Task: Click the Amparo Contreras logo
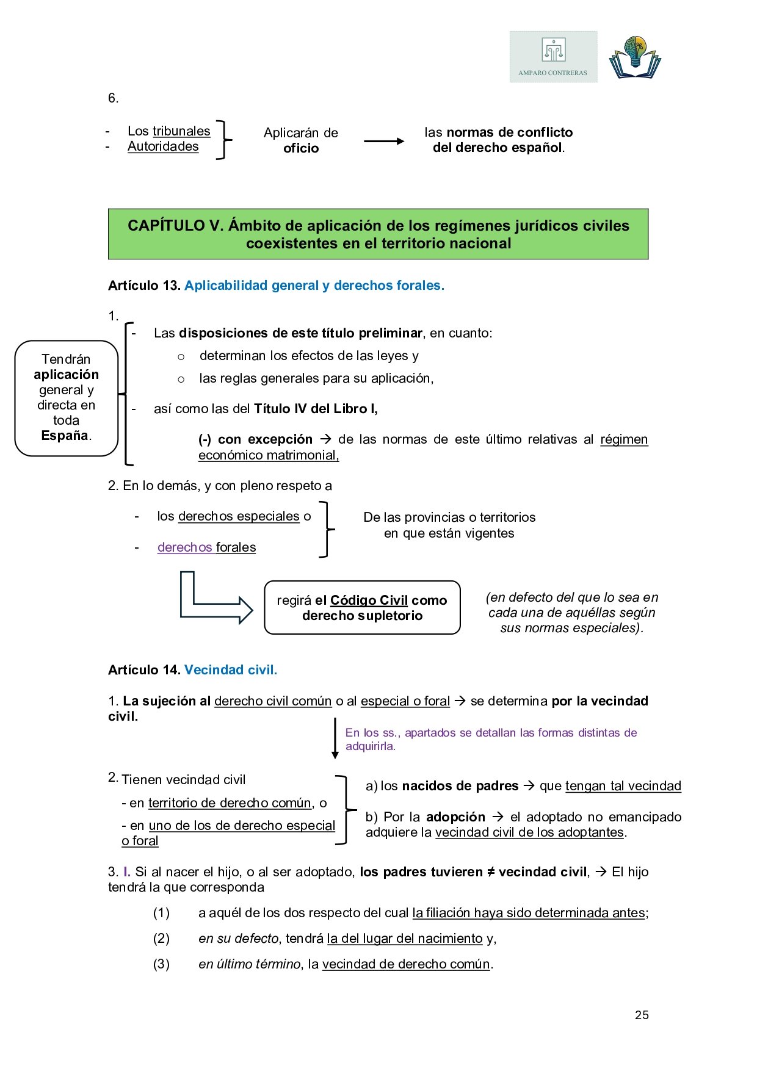point(553,57)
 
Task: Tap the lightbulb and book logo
point(635,57)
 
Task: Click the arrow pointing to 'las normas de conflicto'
point(384,141)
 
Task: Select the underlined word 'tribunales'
point(181,131)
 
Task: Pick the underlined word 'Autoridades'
point(163,146)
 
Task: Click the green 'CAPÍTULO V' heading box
point(378,234)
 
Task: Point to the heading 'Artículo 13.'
point(144,286)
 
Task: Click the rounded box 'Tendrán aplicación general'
point(66,397)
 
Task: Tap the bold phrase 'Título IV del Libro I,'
point(316,409)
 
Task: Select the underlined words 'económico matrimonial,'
point(269,455)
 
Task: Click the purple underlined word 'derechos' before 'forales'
point(185,547)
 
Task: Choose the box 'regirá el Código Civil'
point(362,608)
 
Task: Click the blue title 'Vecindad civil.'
point(231,670)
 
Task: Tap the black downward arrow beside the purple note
point(335,738)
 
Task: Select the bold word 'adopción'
point(455,817)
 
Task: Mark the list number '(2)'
point(161,939)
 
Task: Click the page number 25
point(642,1015)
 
